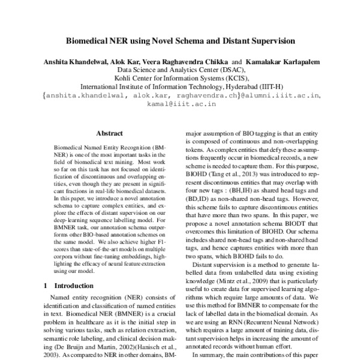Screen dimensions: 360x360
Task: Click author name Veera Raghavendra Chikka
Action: (194, 62)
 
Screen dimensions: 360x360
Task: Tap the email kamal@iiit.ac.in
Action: (179, 103)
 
